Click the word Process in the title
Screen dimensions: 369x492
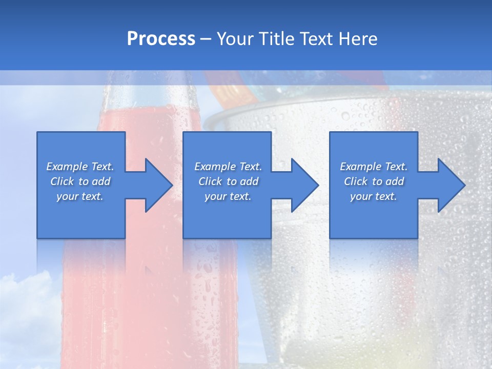tap(161, 39)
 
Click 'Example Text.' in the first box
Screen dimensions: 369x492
tap(80, 167)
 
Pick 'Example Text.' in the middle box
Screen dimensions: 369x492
tap(228, 167)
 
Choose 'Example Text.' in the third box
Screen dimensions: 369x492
tap(374, 167)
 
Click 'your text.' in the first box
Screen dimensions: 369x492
tap(80, 196)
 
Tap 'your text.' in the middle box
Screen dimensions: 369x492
tap(228, 196)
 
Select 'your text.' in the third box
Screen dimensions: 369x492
tap(374, 196)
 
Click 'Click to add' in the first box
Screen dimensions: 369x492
tap(80, 181)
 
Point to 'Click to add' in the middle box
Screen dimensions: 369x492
tap(228, 181)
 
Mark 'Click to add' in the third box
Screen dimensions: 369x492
tap(374, 181)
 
